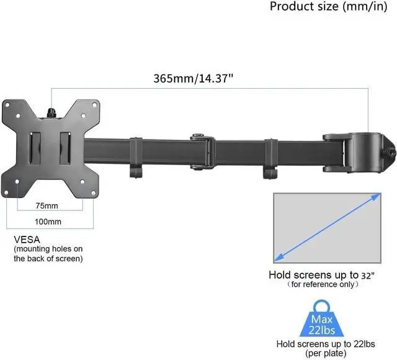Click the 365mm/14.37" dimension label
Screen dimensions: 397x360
point(193,78)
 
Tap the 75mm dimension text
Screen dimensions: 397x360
point(47,206)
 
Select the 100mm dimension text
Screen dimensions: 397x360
point(48,222)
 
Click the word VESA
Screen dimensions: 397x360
point(27,240)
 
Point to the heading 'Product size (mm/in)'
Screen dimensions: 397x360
point(328,6)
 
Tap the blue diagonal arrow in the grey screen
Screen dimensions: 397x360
point(328,227)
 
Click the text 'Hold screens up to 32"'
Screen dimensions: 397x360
point(321,275)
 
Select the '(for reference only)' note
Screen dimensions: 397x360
point(323,284)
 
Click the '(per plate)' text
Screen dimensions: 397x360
point(326,353)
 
